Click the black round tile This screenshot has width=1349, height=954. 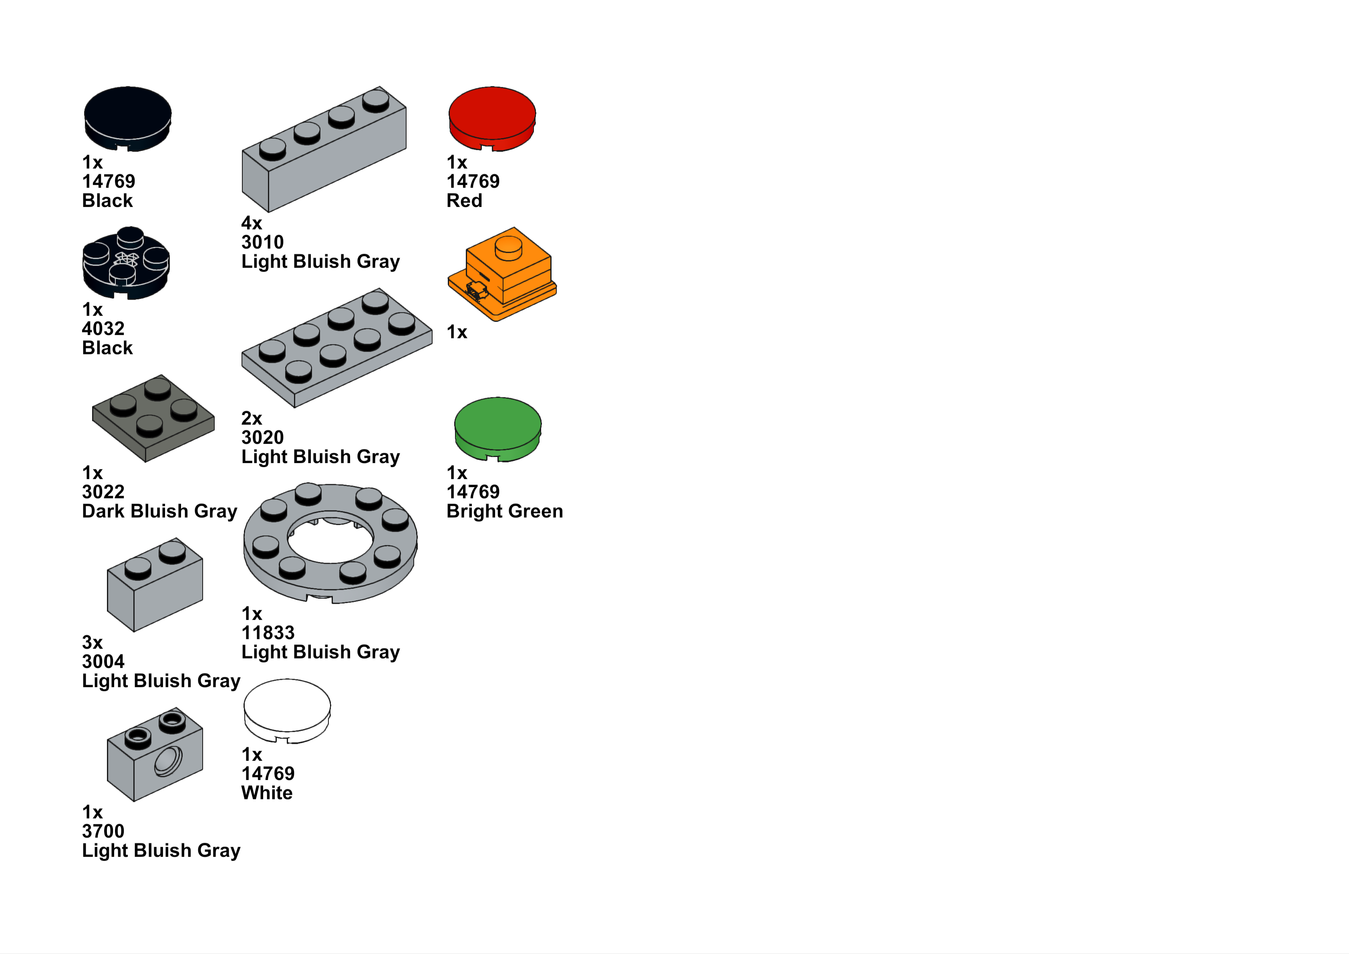(x=127, y=118)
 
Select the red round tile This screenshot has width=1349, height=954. (x=492, y=118)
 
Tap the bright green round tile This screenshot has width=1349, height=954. (x=497, y=428)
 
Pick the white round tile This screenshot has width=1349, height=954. (x=287, y=709)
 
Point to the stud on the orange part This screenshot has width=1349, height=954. (x=508, y=247)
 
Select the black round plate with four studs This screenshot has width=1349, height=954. (x=126, y=263)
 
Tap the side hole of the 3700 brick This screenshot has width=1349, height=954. (x=168, y=762)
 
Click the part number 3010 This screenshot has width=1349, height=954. (x=262, y=242)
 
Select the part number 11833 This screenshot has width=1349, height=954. (x=268, y=633)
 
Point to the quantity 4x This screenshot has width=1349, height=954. (x=251, y=223)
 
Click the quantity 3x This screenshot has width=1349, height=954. (x=92, y=642)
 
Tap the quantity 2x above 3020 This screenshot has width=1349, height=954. (x=251, y=418)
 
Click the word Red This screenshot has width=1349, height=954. (x=464, y=201)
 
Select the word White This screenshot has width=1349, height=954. (x=266, y=793)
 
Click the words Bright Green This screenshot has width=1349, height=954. (x=504, y=511)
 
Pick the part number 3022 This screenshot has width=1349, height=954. (x=103, y=492)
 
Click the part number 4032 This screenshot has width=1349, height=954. (x=103, y=329)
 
